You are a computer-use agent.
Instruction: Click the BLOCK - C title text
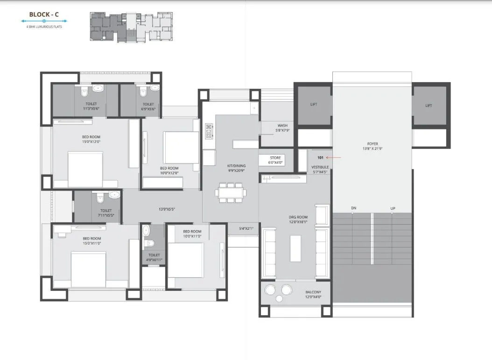[x=44, y=14]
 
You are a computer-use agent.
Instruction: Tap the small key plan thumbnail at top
[x=131, y=28]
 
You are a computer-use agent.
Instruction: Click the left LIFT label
[x=313, y=105]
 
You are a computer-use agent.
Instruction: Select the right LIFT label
[x=429, y=106]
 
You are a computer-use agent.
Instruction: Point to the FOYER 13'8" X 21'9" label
[x=373, y=146]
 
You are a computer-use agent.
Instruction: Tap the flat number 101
[x=320, y=158]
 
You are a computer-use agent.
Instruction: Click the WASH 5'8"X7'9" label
[x=282, y=128]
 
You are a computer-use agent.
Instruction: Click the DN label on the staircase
[x=354, y=208]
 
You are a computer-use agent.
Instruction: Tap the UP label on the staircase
[x=393, y=208]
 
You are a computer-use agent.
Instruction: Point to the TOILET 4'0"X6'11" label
[x=154, y=257]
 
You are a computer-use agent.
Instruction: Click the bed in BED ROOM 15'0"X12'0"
[x=85, y=169]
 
